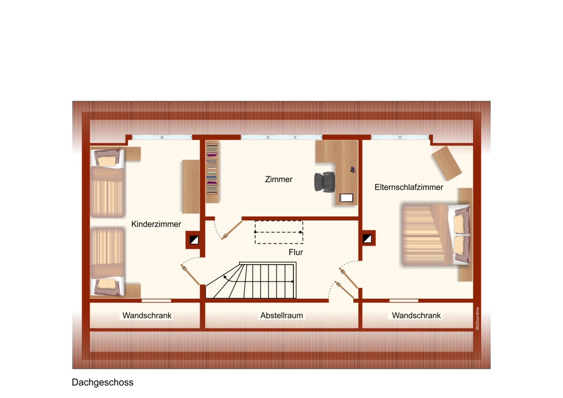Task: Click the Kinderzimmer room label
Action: (156, 224)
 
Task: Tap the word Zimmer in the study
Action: (278, 179)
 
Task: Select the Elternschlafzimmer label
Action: (409, 187)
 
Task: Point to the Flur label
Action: (296, 252)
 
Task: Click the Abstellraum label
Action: (282, 316)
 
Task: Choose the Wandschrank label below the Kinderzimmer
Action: (147, 316)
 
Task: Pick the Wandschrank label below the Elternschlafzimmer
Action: (416, 316)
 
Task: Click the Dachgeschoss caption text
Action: (102, 383)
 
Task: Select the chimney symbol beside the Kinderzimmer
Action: (194, 240)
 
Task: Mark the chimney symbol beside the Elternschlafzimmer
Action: (367, 239)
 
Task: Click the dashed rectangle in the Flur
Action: (279, 232)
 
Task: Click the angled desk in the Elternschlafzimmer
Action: (447, 163)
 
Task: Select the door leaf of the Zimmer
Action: (232, 230)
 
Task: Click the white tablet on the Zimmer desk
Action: (347, 198)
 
